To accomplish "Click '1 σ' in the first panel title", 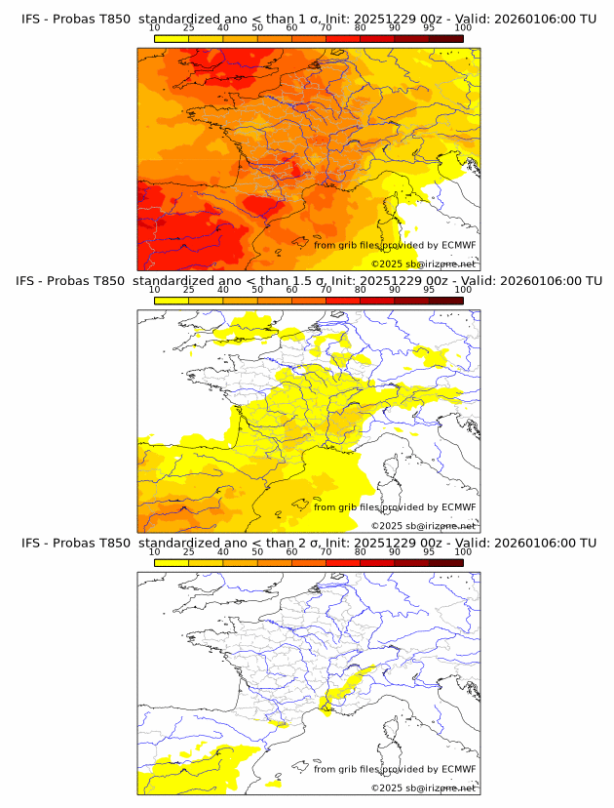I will [316, 19].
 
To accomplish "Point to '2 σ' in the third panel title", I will [316, 543].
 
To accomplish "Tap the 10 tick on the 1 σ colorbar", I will [154, 28].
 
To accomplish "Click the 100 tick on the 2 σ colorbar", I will [463, 551].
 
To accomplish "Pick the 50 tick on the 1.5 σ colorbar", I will [257, 290].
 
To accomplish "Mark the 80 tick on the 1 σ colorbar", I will [361, 28].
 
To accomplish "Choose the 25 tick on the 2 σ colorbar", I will [188, 551].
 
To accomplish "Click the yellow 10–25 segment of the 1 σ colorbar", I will [172, 38].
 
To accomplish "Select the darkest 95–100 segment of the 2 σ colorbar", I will [446, 562].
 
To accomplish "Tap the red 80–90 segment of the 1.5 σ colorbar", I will [377, 301].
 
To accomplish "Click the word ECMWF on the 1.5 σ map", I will [458, 507].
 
